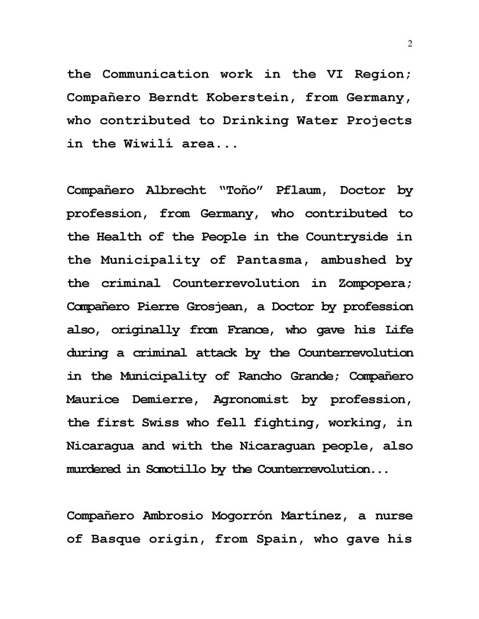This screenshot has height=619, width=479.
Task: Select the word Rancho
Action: [x=259, y=376]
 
